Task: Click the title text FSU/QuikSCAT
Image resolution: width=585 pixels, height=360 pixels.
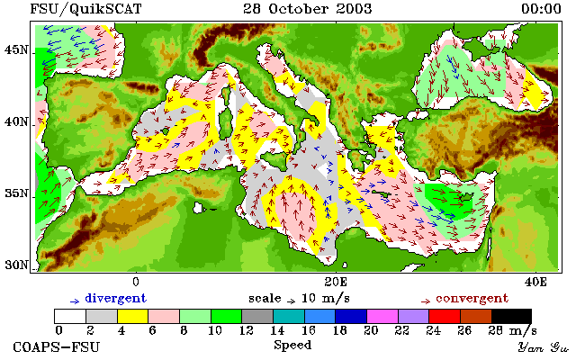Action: point(85,9)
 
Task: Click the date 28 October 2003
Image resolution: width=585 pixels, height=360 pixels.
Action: point(308,9)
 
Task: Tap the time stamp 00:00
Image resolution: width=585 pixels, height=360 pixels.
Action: point(541,9)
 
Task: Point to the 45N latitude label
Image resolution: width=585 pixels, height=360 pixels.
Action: point(16,49)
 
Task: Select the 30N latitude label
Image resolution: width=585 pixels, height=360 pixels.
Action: point(16,265)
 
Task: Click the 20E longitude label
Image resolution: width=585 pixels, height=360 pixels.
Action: point(336,282)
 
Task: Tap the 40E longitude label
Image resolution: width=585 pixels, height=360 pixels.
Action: point(535,282)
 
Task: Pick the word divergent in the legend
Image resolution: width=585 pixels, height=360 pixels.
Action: point(116,299)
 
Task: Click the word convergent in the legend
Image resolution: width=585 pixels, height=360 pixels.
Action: point(472,299)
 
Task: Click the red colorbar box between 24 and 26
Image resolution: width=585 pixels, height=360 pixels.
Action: point(445,316)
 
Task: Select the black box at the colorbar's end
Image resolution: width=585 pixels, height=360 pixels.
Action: point(511,316)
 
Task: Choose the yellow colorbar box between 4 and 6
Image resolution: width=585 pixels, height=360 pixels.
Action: point(133,316)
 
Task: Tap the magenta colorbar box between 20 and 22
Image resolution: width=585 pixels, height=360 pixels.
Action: point(382,316)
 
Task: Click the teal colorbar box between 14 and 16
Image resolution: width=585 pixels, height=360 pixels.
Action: point(289,316)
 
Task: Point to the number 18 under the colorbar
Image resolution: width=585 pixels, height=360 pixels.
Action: point(340,330)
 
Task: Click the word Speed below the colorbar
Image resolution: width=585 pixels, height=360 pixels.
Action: point(292,345)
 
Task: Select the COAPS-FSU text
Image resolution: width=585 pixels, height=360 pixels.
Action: point(57,347)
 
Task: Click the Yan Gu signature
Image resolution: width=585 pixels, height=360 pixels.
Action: point(543,348)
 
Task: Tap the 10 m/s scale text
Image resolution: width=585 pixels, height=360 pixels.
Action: point(325,299)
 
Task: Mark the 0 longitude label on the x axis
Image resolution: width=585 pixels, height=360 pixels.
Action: point(136,282)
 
